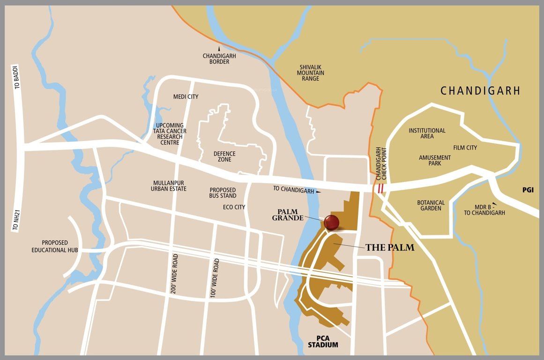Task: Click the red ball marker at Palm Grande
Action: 331,222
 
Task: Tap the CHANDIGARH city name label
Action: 480,91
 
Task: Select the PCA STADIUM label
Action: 323,342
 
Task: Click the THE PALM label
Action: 390,247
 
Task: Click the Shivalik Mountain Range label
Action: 311,73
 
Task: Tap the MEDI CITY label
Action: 186,97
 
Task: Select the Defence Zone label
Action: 224,157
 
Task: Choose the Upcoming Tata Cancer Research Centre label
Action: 170,134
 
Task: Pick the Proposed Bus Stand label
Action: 223,193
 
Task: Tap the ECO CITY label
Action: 234,207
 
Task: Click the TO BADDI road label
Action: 17,77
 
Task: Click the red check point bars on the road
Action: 380,188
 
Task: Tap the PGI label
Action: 529,190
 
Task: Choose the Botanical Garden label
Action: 430,205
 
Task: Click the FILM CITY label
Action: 465,148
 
